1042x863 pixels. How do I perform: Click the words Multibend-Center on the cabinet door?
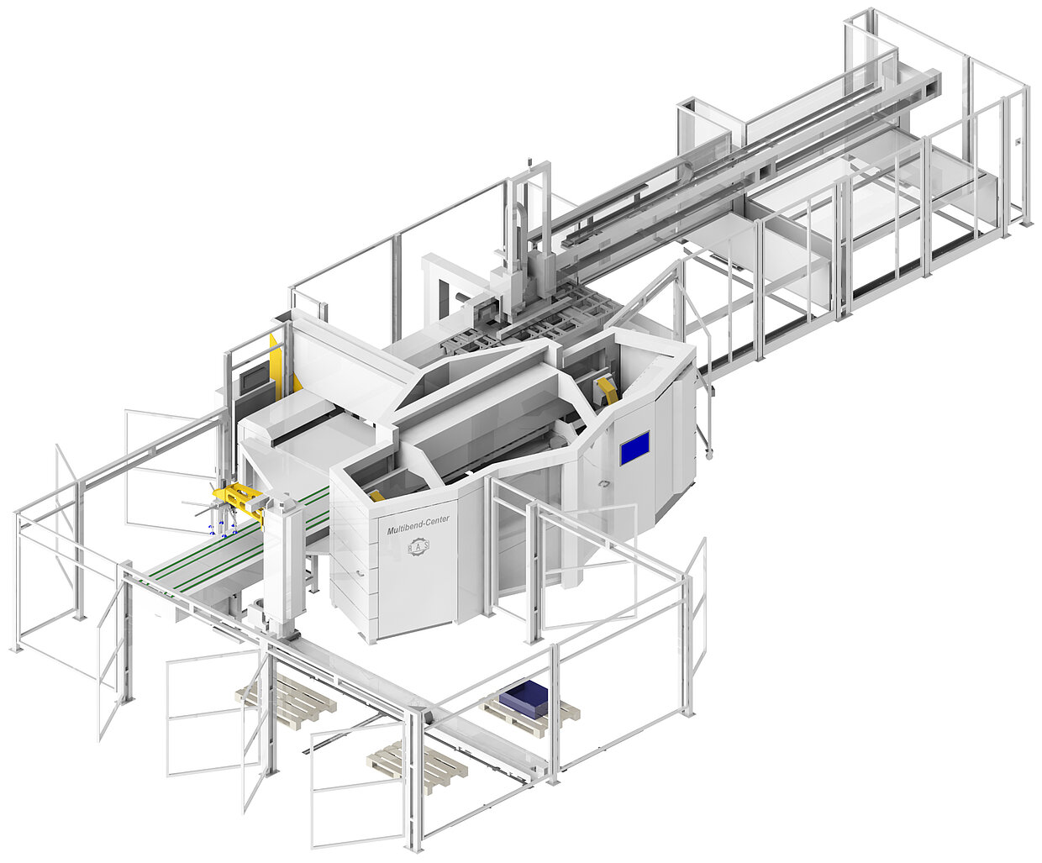(x=418, y=524)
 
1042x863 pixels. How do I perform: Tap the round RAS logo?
(x=418, y=546)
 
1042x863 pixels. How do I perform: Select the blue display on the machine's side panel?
(x=634, y=448)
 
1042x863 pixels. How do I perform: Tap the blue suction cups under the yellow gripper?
(x=223, y=530)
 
